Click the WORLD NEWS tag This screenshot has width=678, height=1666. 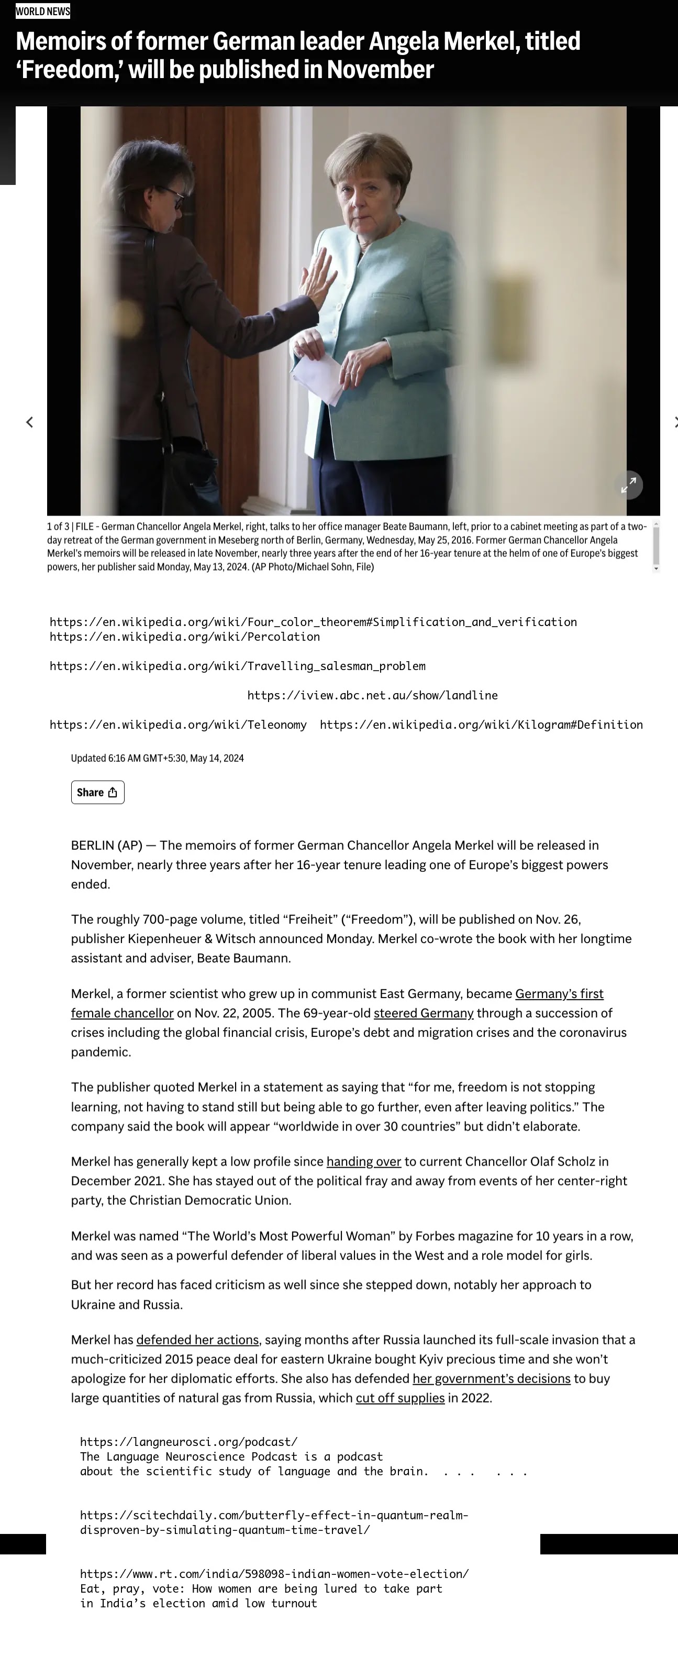[42, 11]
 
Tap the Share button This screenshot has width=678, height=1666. [97, 792]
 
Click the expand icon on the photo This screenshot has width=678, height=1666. [628, 485]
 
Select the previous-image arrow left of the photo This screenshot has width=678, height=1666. [30, 422]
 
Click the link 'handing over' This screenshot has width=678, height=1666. [363, 1161]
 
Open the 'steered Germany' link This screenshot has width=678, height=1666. [424, 1013]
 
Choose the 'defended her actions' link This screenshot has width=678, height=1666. [197, 1340]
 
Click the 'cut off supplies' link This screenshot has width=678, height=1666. [400, 1398]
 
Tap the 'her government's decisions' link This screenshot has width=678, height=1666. [491, 1379]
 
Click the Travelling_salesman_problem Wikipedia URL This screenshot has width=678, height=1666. [237, 666]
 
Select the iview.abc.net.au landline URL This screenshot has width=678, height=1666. [372, 696]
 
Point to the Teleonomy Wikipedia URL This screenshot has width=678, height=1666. [177, 725]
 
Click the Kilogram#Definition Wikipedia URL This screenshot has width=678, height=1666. [481, 725]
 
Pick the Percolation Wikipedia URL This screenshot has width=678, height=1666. [184, 637]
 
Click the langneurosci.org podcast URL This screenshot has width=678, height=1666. [188, 1442]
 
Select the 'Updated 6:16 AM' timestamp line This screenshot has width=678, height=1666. [157, 759]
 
